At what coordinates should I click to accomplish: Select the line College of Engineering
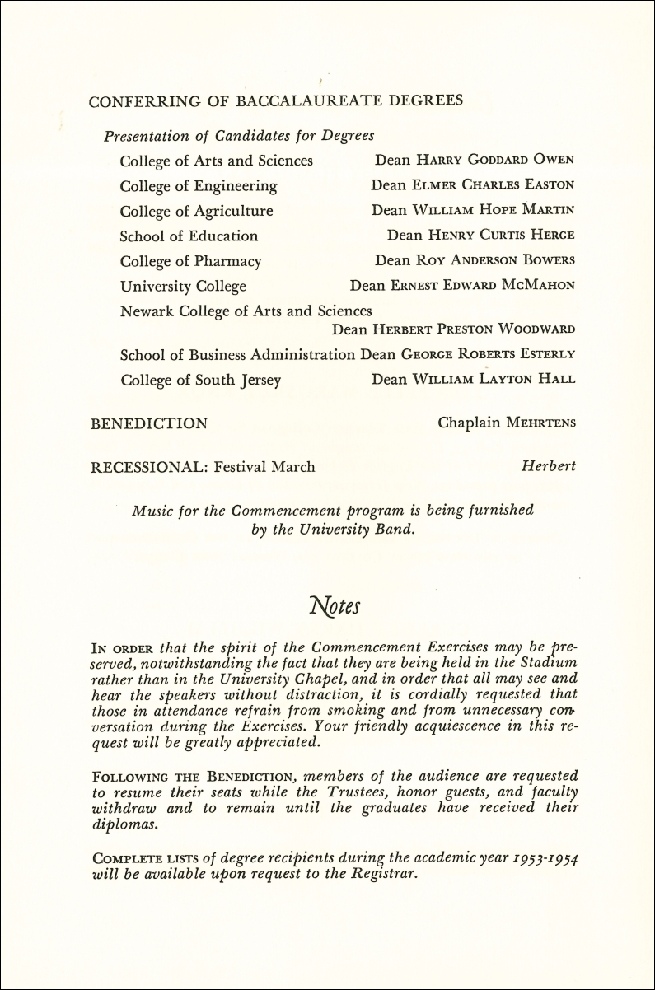coord(199,185)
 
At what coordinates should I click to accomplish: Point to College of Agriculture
coord(196,211)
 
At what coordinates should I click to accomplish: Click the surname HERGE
coord(552,236)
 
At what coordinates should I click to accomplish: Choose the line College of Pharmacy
coord(190,261)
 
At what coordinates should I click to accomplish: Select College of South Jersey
coord(200,380)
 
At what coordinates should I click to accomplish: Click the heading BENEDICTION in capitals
coord(148,423)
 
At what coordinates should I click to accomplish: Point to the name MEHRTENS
coord(537,423)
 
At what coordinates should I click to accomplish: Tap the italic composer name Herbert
coord(549,467)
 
